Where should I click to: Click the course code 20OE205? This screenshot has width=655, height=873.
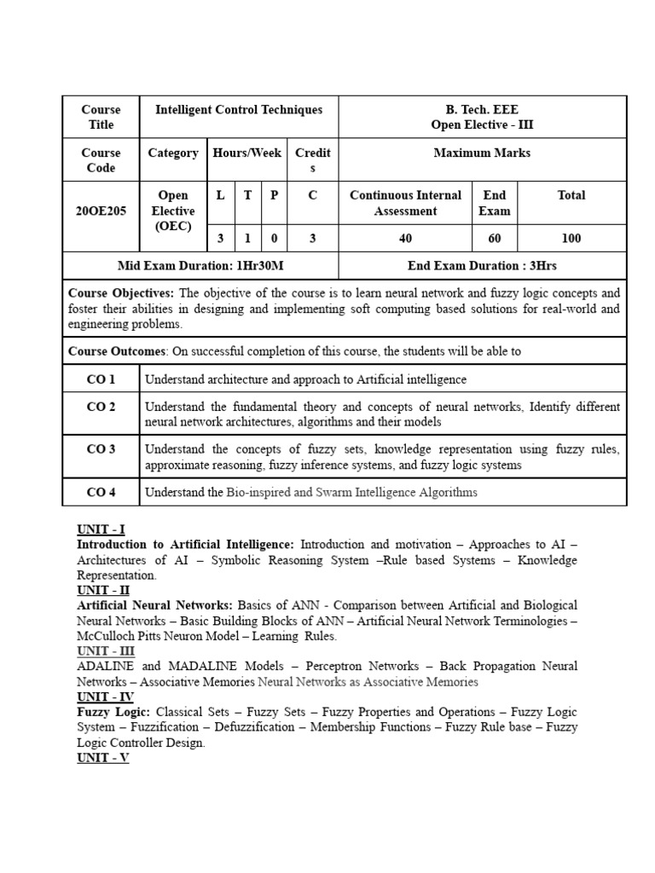(101, 211)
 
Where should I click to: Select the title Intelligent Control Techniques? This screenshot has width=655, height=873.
(239, 109)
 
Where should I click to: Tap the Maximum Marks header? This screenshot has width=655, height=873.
(482, 153)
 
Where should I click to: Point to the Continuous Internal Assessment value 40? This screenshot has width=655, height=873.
(405, 239)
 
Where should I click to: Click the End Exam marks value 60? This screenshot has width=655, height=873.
(495, 239)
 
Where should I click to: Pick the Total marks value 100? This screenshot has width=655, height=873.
(571, 239)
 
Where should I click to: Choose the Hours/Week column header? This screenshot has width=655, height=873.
(247, 153)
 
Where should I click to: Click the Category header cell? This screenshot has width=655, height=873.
(173, 153)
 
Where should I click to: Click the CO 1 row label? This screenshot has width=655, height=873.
(101, 379)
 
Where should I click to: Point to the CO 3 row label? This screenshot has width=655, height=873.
(101, 449)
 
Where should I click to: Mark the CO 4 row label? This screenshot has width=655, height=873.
(101, 492)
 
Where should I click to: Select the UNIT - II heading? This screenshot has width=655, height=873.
(102, 589)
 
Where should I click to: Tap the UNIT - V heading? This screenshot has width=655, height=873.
(102, 757)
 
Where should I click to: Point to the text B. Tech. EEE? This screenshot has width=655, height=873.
(482, 109)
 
